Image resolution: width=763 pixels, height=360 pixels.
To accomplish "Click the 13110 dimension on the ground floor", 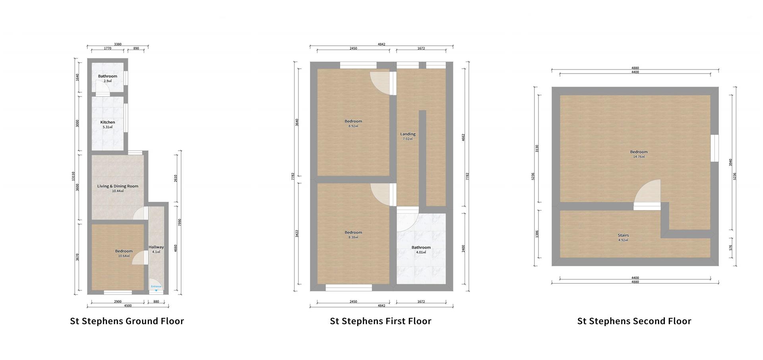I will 73,176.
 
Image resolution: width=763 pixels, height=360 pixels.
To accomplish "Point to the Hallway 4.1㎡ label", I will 156,249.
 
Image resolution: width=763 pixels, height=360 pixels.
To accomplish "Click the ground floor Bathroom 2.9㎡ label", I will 107,78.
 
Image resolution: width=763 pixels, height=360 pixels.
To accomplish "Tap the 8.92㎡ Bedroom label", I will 353,123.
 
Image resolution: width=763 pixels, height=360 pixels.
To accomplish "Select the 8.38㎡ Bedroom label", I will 353,234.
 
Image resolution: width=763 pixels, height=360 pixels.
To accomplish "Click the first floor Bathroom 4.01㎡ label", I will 421,250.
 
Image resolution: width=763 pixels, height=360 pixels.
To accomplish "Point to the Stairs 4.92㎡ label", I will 623,237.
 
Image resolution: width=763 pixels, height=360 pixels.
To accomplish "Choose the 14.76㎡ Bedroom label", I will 639,154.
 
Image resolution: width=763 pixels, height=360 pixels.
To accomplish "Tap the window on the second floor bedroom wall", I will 715,148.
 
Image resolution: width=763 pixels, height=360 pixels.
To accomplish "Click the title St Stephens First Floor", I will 380,321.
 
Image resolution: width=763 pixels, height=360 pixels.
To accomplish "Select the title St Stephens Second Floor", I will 634,321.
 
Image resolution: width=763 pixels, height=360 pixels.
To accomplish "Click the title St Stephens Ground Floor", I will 127,321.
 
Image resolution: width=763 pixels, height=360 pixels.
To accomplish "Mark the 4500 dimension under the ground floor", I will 128,306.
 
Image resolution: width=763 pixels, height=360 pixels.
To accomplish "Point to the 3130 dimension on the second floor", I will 537,149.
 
